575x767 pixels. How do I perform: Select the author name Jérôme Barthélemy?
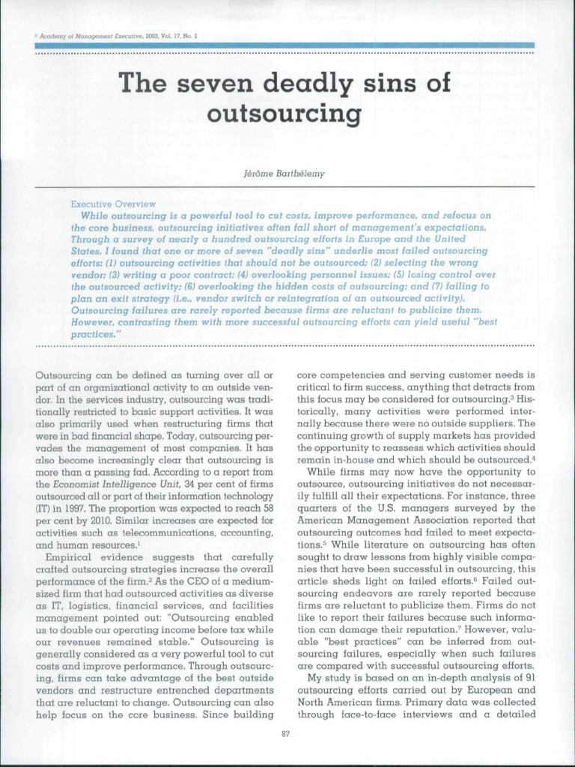point(285,173)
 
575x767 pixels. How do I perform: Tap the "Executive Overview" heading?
point(113,203)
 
